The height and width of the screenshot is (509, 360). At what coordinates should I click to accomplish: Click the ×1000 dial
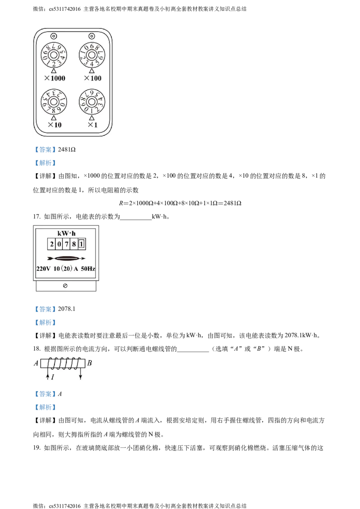(x=53, y=55)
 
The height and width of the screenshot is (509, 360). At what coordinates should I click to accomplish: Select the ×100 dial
(x=92, y=55)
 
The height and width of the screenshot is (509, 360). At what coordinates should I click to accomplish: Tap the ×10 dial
(x=53, y=102)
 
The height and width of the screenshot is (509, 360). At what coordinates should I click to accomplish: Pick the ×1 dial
(x=92, y=102)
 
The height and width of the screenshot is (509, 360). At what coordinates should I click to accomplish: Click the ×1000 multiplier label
(x=55, y=78)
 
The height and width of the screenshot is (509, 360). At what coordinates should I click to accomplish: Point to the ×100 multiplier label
(x=93, y=78)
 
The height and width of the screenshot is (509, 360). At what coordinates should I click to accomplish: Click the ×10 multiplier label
(x=54, y=125)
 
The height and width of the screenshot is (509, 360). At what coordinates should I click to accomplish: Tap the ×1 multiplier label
(x=92, y=125)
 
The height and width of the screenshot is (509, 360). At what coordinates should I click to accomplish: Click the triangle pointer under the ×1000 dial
(x=53, y=71)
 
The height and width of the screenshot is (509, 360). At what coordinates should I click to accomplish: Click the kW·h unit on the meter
(x=67, y=233)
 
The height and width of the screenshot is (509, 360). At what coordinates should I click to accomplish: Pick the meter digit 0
(x=59, y=244)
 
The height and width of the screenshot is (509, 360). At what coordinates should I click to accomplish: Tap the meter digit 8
(x=74, y=244)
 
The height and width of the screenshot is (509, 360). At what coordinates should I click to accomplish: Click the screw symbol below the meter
(x=65, y=286)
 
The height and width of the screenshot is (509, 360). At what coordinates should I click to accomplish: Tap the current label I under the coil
(x=53, y=377)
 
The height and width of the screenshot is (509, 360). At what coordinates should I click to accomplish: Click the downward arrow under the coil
(x=80, y=376)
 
